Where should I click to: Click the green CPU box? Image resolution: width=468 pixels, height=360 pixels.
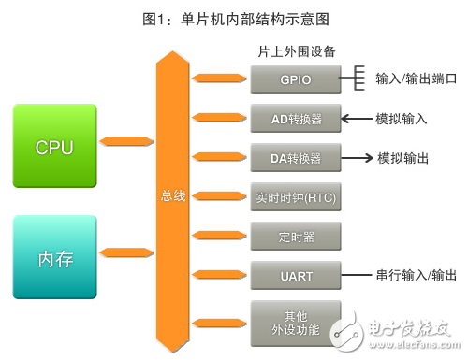(55, 147)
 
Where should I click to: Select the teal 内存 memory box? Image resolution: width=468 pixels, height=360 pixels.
(55, 256)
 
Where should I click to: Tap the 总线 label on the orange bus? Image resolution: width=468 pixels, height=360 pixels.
(173, 196)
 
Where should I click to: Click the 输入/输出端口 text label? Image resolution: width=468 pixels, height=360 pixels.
(416, 79)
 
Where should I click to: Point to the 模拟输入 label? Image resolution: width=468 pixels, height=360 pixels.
(403, 119)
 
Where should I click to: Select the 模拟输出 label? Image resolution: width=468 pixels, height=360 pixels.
(403, 158)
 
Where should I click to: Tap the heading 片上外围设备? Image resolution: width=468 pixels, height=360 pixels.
(296, 50)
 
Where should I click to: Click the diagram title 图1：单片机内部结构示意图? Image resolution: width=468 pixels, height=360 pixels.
(233, 17)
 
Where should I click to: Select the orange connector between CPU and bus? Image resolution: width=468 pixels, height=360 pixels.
(125, 142)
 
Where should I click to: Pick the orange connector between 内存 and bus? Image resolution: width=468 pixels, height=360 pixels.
(125, 251)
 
